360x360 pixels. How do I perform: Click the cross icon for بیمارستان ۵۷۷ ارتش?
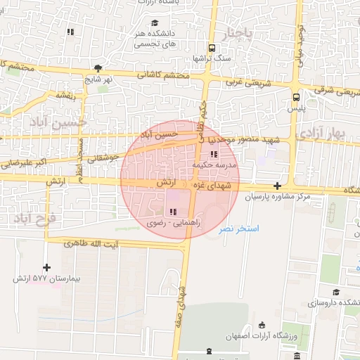tap(47, 267)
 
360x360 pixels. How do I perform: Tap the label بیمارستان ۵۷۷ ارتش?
tap(47, 278)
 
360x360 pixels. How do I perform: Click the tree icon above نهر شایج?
tap(98, 68)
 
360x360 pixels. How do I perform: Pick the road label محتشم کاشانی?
tap(163, 75)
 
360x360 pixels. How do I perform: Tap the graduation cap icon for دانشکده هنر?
tap(154, 23)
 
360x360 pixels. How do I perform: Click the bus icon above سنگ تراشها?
tap(211, 48)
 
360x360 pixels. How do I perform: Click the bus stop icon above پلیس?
tap(296, 98)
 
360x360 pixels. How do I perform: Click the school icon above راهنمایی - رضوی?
tap(173, 212)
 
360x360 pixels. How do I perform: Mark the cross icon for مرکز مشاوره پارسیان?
tap(278, 186)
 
